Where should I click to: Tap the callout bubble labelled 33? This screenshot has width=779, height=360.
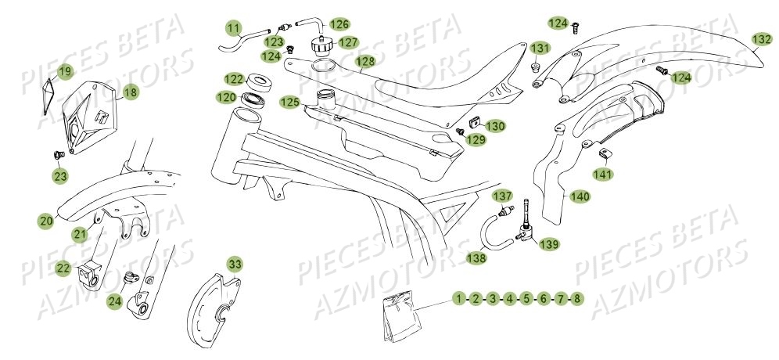(235, 262)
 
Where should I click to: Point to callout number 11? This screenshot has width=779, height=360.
(234, 30)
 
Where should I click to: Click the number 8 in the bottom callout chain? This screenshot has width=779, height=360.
(577, 298)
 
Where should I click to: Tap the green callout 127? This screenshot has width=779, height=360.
(349, 42)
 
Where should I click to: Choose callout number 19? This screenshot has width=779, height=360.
(64, 72)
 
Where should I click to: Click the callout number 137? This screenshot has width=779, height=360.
(502, 194)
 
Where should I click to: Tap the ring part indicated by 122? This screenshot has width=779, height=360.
(258, 81)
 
